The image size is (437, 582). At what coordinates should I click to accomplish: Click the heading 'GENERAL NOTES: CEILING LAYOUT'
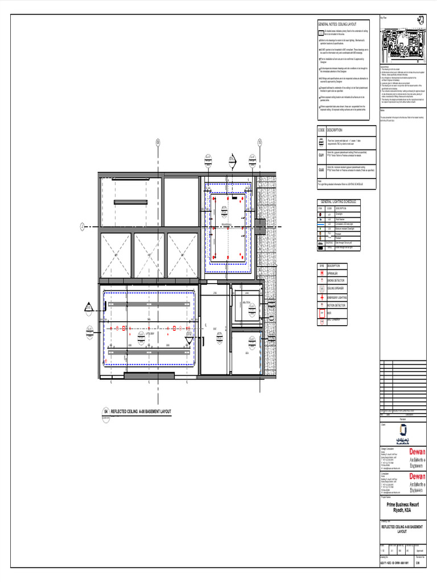(337, 24)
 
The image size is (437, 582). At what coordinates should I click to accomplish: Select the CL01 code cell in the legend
(321, 155)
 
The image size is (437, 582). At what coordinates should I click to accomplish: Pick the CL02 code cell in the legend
(321, 169)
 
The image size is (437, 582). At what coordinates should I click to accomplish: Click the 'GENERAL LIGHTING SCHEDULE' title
(339, 202)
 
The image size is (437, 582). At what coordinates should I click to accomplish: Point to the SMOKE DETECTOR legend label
(336, 281)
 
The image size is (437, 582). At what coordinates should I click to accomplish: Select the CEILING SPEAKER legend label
(337, 289)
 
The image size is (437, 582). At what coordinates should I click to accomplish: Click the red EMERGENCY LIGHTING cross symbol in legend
(321, 297)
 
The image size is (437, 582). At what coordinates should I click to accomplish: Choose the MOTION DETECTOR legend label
(337, 305)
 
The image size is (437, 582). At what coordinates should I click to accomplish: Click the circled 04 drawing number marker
(106, 411)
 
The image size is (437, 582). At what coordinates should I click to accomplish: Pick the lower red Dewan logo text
(417, 476)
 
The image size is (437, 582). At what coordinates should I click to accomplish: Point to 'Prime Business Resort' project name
(402, 505)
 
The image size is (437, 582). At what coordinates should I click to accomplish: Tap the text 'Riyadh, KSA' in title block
(402, 510)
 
